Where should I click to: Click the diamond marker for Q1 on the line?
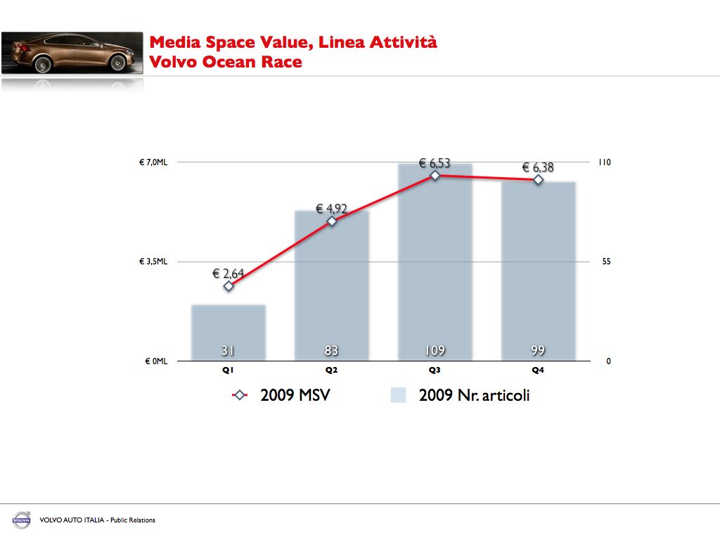(x=229, y=286)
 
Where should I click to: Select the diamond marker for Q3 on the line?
(x=435, y=175)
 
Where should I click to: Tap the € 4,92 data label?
(x=331, y=208)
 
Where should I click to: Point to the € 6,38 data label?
(x=538, y=167)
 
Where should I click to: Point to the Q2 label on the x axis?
(x=332, y=370)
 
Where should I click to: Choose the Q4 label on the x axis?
(x=538, y=370)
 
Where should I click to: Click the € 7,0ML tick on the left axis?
(x=153, y=162)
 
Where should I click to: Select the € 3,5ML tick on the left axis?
(x=153, y=262)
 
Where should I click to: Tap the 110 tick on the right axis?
(x=604, y=162)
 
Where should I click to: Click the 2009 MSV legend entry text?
(x=295, y=395)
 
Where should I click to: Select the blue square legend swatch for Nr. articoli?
(x=399, y=395)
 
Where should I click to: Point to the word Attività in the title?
(x=404, y=42)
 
